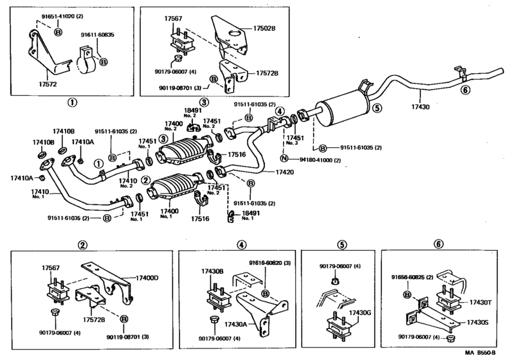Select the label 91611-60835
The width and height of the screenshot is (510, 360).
(x=96, y=35)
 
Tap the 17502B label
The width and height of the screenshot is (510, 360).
(x=264, y=28)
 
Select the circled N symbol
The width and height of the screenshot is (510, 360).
(x=283, y=158)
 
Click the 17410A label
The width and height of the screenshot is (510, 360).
(x=83, y=143)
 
